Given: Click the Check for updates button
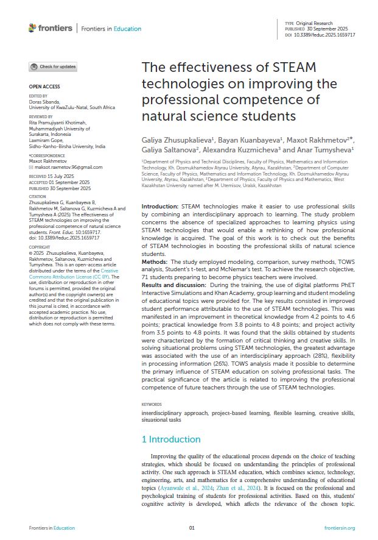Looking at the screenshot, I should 53,66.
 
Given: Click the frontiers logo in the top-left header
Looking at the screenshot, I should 51,28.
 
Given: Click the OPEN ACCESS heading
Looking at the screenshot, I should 44,87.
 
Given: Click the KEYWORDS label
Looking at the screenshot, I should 152,405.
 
